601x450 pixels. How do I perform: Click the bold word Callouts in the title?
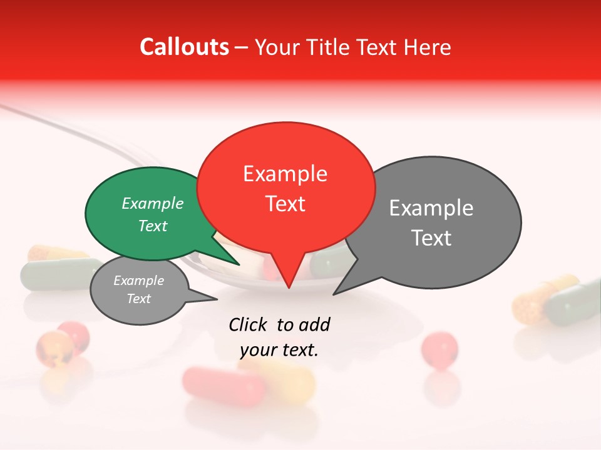click(185, 47)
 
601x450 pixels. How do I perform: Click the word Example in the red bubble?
click(285, 174)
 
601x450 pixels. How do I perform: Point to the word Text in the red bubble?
click(285, 204)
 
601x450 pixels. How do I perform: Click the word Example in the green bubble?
click(152, 204)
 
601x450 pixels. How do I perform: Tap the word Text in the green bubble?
click(152, 226)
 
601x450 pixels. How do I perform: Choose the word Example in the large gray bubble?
click(431, 208)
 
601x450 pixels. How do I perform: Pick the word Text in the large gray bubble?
click(431, 238)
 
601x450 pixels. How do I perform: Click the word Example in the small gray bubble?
click(138, 281)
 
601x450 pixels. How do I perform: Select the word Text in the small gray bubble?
click(138, 299)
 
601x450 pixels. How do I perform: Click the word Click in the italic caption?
click(248, 324)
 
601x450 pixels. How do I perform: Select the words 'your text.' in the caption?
click(279, 351)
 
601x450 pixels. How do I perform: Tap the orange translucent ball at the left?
click(53, 346)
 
